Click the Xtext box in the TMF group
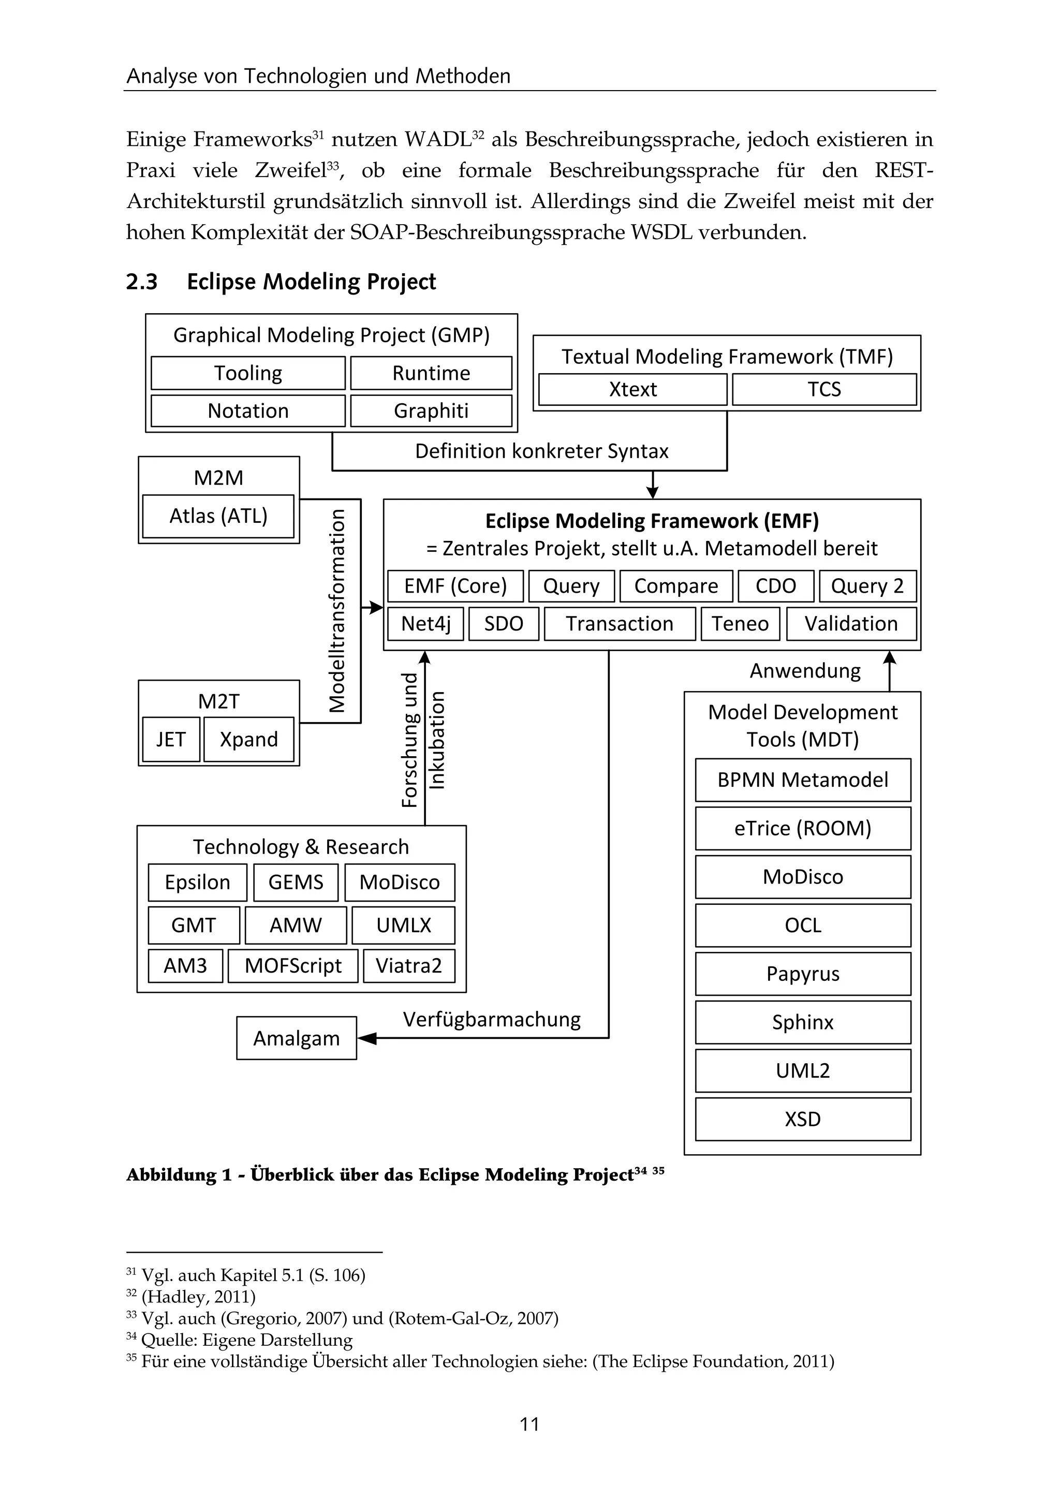pos(632,389)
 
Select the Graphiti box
pos(431,410)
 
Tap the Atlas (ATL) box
pos(218,516)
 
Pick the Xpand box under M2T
pos(248,739)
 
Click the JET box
pos(171,739)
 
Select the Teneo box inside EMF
pos(740,624)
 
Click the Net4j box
pos(425,624)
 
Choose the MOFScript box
pos(292,965)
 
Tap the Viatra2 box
pos(408,965)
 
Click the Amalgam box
pos(297,1038)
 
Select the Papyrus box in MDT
pos(802,974)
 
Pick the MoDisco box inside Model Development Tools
pos(802,877)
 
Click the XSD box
pos(802,1119)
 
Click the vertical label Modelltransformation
pos(337,610)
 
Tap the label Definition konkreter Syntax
pos(542,451)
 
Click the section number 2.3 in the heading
pos(142,282)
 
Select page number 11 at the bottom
pos(529,1424)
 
